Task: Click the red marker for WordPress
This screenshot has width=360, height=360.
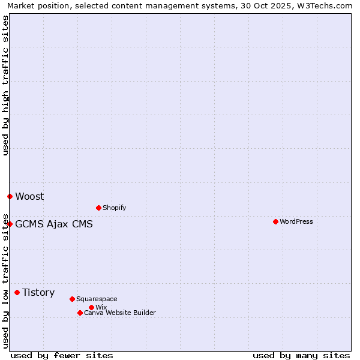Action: [275, 221]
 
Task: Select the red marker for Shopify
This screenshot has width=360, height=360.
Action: [98, 208]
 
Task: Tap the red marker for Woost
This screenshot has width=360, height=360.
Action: [10, 196]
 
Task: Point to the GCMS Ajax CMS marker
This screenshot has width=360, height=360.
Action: [10, 224]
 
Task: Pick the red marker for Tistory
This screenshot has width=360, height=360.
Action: [17, 292]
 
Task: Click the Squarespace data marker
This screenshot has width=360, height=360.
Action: [72, 299]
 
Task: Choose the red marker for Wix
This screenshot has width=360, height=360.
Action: [91, 307]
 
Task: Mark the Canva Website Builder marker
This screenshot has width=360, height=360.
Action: [80, 313]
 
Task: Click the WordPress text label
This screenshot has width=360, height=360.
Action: [296, 221]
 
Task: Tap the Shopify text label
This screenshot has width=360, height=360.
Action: [115, 208]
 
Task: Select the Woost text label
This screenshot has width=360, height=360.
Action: [29, 196]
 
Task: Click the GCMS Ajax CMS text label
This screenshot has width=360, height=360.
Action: [54, 224]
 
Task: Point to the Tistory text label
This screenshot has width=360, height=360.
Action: [38, 292]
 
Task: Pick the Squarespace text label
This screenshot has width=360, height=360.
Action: [97, 299]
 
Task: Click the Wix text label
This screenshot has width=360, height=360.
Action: [101, 307]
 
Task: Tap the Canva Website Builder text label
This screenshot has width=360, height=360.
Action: [120, 313]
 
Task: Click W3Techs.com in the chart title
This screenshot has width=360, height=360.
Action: [327, 5]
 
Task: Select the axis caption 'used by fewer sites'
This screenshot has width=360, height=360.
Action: [62, 355]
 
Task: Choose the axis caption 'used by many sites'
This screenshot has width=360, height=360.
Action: [301, 355]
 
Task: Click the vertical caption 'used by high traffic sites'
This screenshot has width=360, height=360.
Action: [5, 85]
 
